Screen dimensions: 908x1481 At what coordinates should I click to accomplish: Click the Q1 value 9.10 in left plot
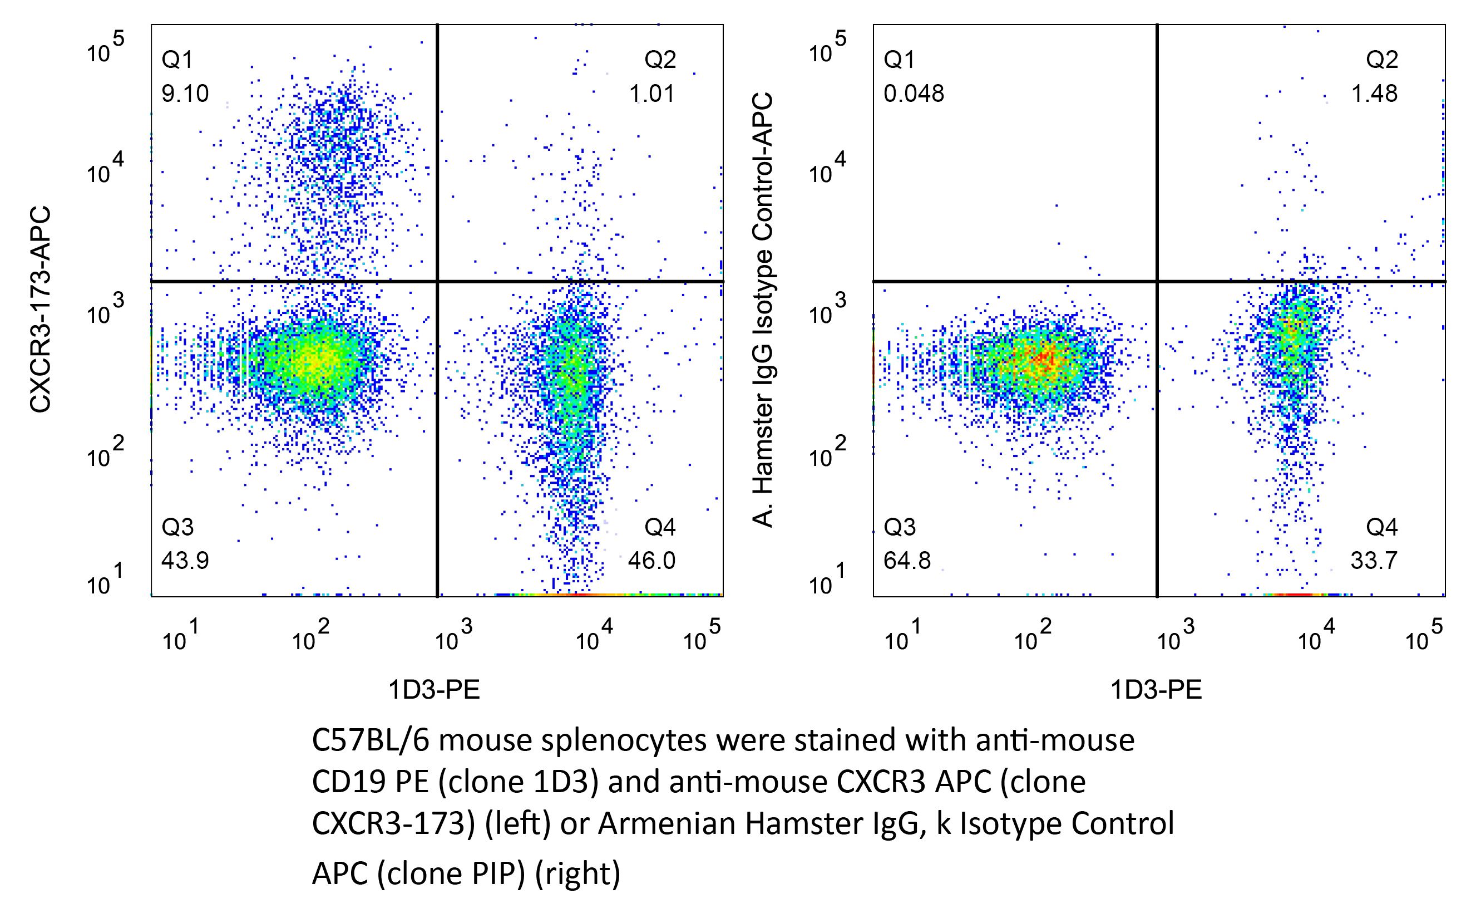pyautogui.click(x=185, y=94)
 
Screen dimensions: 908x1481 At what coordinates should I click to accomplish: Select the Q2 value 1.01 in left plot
pyautogui.click(x=652, y=94)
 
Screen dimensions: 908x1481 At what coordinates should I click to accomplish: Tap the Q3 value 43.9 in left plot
pyautogui.click(x=185, y=561)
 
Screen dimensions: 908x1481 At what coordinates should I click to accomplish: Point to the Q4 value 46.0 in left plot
pyautogui.click(x=652, y=561)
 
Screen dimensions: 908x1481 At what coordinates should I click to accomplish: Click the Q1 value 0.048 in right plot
pyautogui.click(x=914, y=94)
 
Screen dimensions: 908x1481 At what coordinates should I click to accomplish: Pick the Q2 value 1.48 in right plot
pyautogui.click(x=1375, y=94)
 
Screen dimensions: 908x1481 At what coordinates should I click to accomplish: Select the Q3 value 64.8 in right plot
pyautogui.click(x=907, y=561)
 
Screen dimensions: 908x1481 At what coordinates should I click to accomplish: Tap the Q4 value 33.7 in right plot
pyautogui.click(x=1374, y=561)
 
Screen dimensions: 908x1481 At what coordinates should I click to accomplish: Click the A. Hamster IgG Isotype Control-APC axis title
pyautogui.click(x=763, y=310)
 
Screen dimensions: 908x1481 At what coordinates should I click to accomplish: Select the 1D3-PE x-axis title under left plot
pyautogui.click(x=434, y=690)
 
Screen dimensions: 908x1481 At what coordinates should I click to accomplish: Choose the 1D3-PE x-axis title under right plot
pyautogui.click(x=1156, y=690)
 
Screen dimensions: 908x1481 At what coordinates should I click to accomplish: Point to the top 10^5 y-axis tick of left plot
pyautogui.click(x=105, y=50)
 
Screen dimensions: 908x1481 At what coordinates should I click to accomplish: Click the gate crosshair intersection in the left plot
pyautogui.click(x=437, y=281)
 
